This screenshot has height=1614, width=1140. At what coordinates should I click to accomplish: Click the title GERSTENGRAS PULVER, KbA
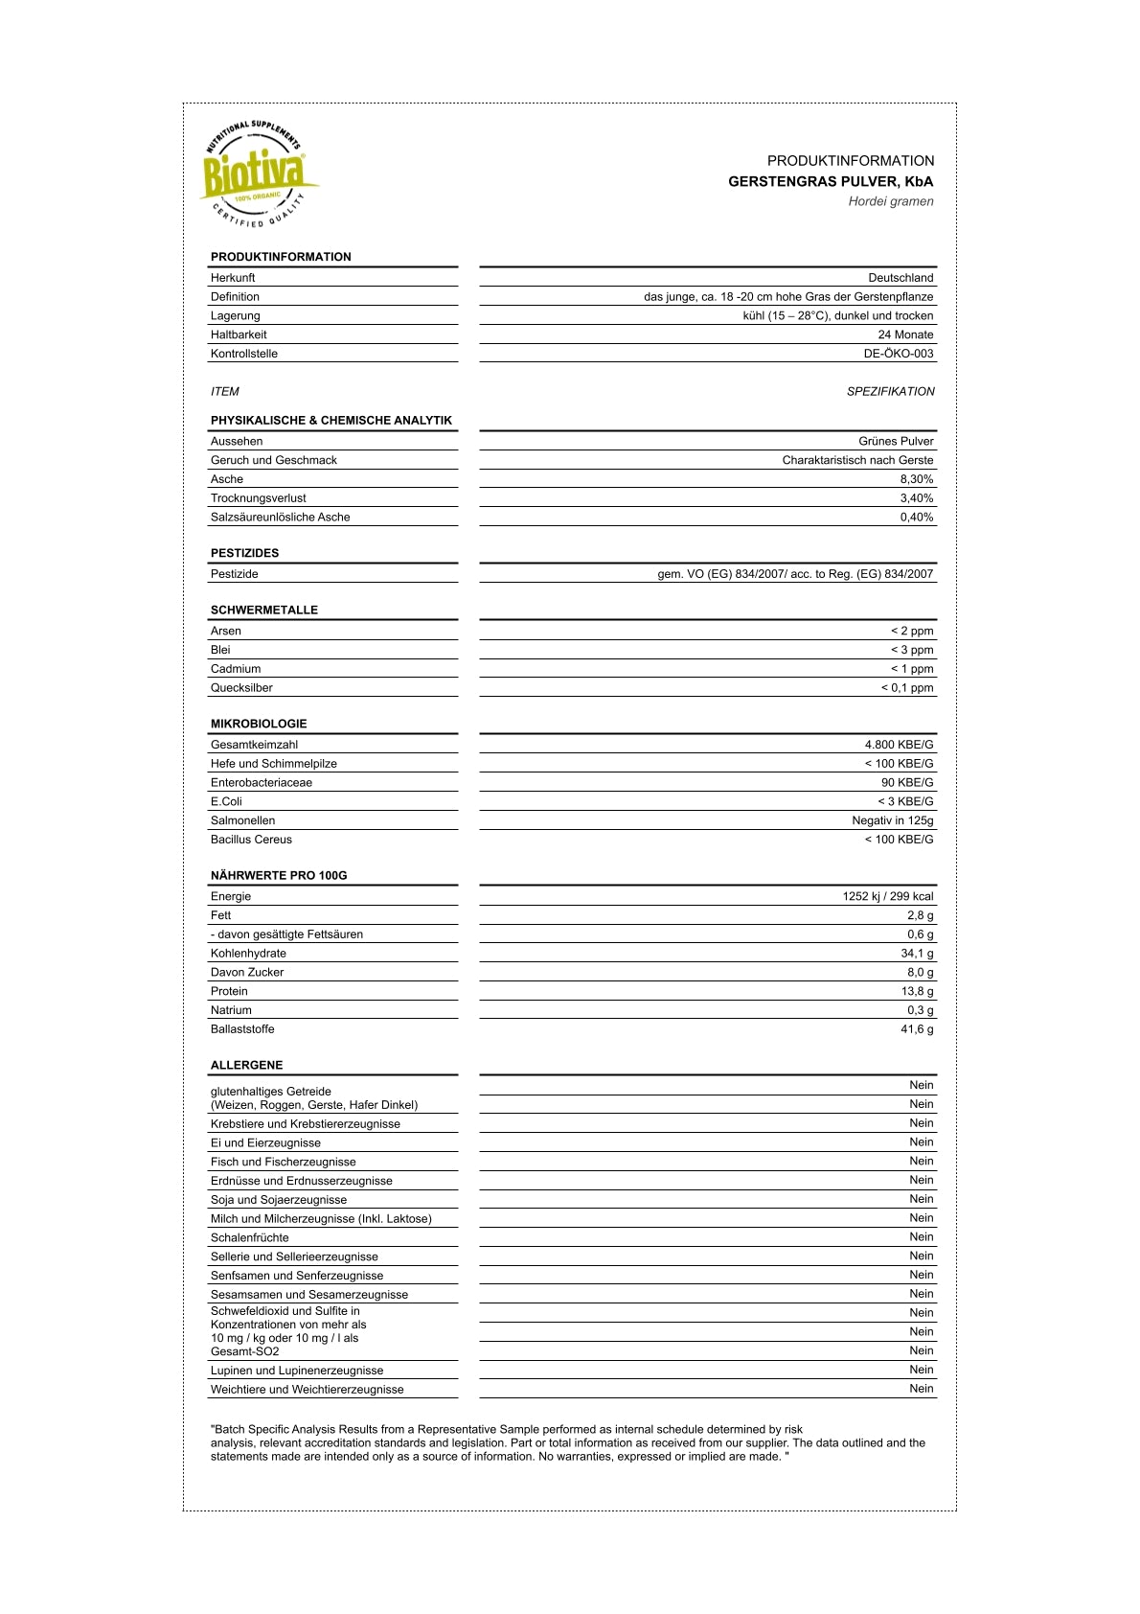pyautogui.click(x=830, y=181)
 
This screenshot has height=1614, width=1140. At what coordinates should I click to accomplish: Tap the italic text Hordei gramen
pyautogui.click(x=890, y=201)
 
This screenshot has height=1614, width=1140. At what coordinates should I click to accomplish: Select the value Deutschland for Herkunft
pyautogui.click(x=901, y=278)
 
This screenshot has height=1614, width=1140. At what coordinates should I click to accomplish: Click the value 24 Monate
pyautogui.click(x=905, y=334)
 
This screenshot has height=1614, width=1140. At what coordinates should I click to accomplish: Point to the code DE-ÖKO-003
pyautogui.click(x=898, y=354)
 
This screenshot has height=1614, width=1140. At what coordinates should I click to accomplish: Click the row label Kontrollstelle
pyautogui.click(x=244, y=354)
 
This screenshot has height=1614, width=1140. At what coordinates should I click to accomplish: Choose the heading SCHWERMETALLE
pyautogui.click(x=264, y=610)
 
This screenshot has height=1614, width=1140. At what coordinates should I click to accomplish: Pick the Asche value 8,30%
pyautogui.click(x=916, y=479)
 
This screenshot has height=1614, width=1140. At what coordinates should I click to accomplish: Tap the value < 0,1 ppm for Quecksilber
pyautogui.click(x=906, y=688)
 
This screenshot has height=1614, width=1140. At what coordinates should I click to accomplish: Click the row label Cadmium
pyautogui.click(x=236, y=669)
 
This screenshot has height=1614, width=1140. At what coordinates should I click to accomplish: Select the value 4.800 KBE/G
pyautogui.click(x=899, y=745)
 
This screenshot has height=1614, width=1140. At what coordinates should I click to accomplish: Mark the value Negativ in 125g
pyautogui.click(x=892, y=820)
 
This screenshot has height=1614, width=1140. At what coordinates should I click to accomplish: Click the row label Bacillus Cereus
pyautogui.click(x=251, y=840)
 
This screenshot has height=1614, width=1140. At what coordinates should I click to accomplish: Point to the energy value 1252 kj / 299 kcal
pyautogui.click(x=887, y=896)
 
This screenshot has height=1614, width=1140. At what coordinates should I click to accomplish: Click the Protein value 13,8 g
pyautogui.click(x=917, y=991)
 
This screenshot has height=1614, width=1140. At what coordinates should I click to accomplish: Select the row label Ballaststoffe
pyautogui.click(x=242, y=1029)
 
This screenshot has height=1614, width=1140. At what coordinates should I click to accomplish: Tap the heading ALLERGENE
pyautogui.click(x=246, y=1065)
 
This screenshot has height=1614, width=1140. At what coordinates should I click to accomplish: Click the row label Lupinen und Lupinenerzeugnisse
pyautogui.click(x=297, y=1371)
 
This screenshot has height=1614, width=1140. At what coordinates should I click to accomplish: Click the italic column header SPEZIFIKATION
pyautogui.click(x=890, y=391)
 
